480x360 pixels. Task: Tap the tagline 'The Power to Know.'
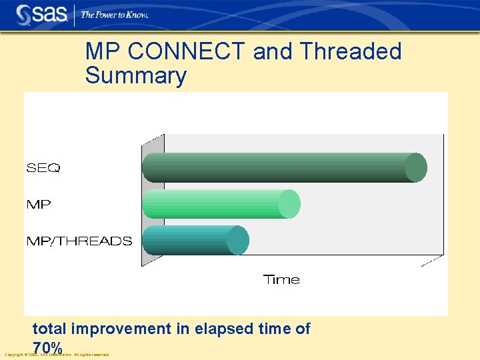click(114, 15)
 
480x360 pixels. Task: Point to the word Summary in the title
click(135, 75)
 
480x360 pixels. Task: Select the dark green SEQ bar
click(280, 168)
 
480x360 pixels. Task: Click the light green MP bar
click(217, 204)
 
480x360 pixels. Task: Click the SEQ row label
click(43, 169)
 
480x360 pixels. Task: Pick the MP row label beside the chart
click(38, 205)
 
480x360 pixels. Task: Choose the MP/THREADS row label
click(79, 241)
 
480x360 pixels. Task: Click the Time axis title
click(281, 280)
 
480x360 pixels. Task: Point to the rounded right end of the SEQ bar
click(417, 168)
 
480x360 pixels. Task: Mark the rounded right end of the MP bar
click(289, 204)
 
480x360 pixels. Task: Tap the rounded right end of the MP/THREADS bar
click(238, 240)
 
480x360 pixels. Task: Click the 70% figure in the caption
click(47, 347)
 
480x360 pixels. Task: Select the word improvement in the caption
click(120, 329)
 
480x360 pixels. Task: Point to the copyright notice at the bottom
click(57, 355)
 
